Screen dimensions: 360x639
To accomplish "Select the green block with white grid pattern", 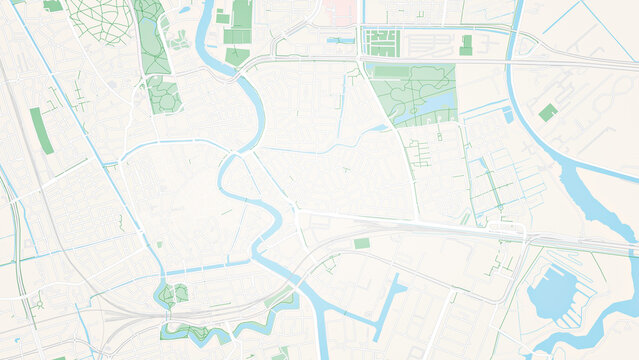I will click(x=380, y=42).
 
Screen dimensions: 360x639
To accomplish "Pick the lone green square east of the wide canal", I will click(x=547, y=113).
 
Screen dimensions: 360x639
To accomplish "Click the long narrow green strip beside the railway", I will click(x=41, y=131).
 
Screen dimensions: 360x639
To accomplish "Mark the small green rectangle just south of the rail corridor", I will click(x=361, y=243).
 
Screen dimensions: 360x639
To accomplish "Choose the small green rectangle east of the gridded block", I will click(x=466, y=45).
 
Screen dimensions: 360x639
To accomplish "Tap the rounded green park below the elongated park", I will click(x=163, y=97).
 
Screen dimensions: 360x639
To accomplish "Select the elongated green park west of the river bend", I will click(x=153, y=40).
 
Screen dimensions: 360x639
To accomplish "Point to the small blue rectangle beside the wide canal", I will click(x=507, y=115).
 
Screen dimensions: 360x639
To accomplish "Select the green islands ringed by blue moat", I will click(x=176, y=294).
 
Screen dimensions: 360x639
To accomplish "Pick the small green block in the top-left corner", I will click(x=53, y=5).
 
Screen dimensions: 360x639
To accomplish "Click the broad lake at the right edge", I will click(x=595, y=200).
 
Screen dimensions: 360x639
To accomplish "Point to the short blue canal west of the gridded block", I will click(x=340, y=40).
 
